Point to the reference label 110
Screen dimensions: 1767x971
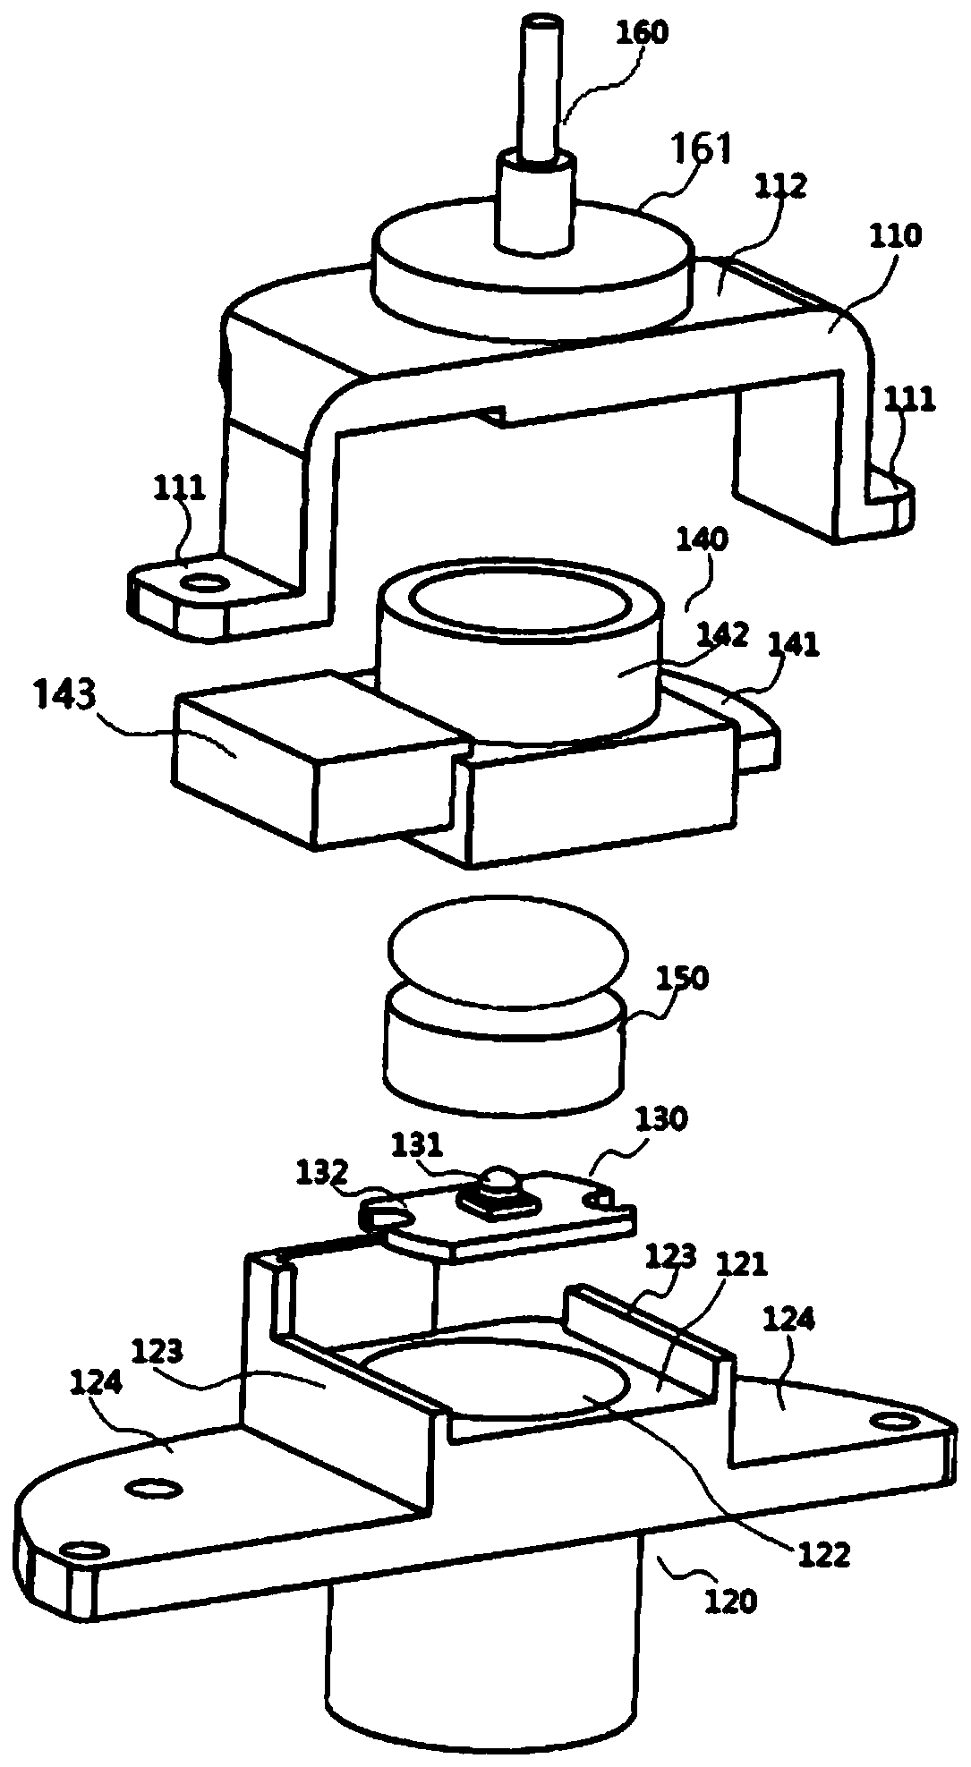pos(894,237)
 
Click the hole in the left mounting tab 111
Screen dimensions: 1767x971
pos(206,584)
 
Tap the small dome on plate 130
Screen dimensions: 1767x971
pos(496,1180)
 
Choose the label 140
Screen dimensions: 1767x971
pos(704,540)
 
